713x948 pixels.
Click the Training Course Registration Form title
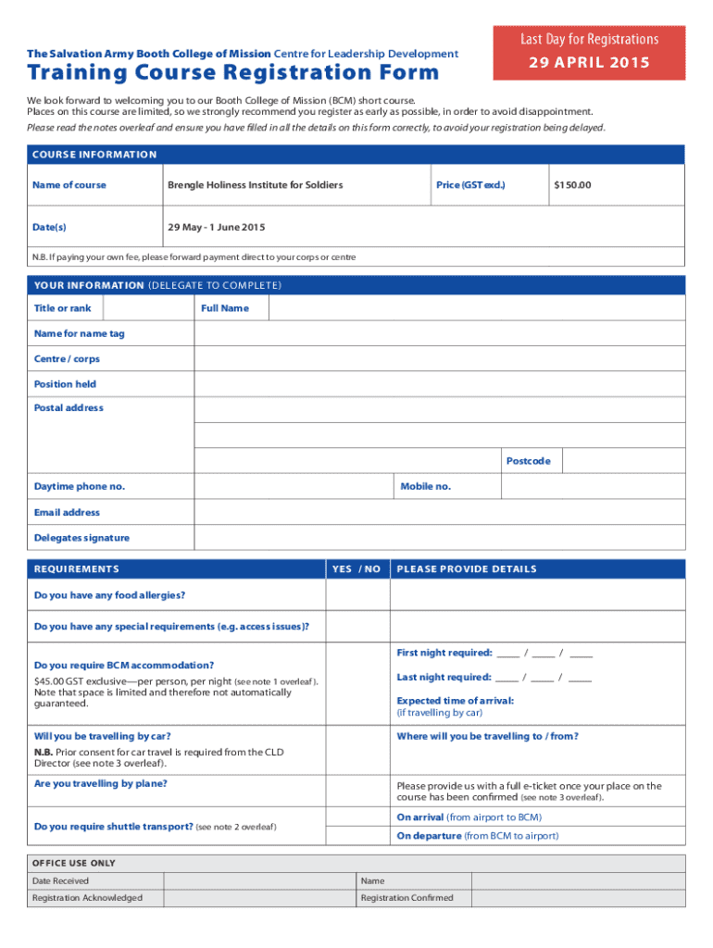pyautogui.click(x=233, y=72)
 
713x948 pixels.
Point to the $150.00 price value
pyautogui.click(x=571, y=185)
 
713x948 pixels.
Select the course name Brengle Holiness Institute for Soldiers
pyautogui.click(x=255, y=185)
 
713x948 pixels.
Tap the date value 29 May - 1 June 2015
pyautogui.click(x=216, y=228)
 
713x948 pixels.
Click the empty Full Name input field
pyautogui.click(x=476, y=308)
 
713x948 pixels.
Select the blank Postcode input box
pyautogui.click(x=623, y=461)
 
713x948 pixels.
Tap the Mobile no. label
pyautogui.click(x=425, y=486)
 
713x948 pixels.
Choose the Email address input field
pyautogui.click(x=439, y=512)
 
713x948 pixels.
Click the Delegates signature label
pyautogui.click(x=81, y=538)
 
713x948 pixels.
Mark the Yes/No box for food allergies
pyautogui.click(x=356, y=595)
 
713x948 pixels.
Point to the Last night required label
pyautogui.click(x=444, y=678)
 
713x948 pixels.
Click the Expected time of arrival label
pyautogui.click(x=455, y=701)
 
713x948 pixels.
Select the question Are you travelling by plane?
pyautogui.click(x=101, y=784)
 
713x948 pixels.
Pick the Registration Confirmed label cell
pyautogui.click(x=407, y=898)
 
